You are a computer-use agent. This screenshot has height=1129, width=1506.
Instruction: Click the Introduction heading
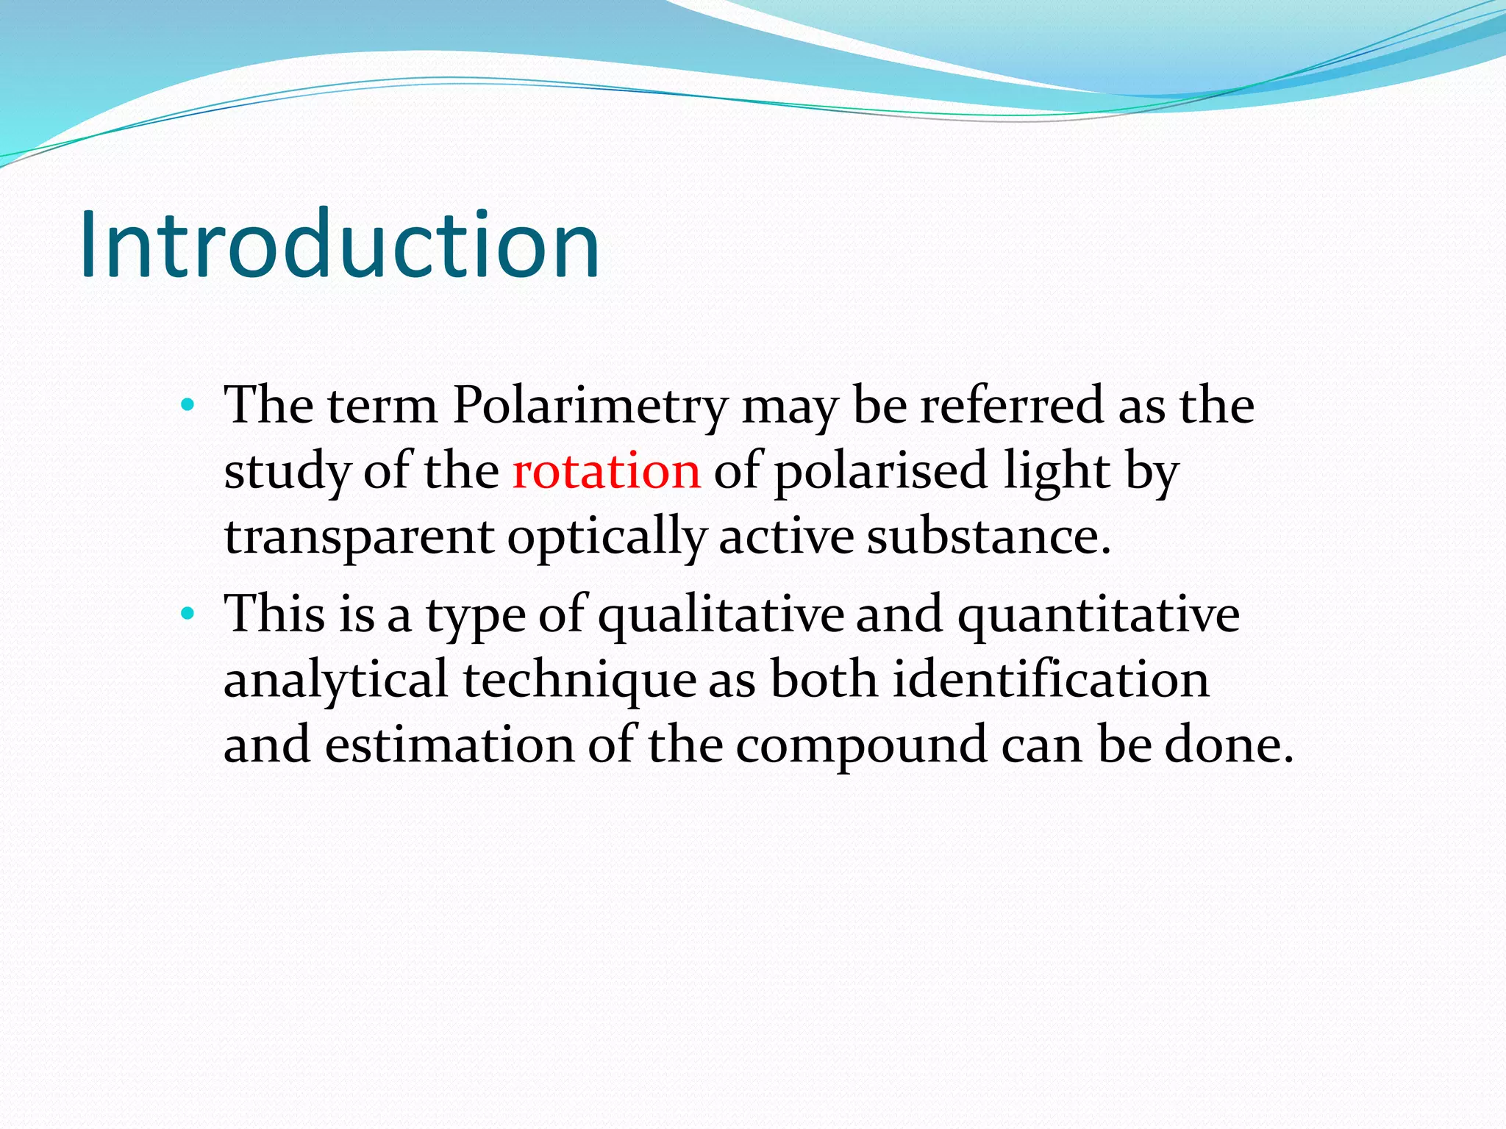tap(340, 244)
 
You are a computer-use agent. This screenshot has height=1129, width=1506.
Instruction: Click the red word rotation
tap(607, 471)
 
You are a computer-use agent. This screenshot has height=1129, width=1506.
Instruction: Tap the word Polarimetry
tap(590, 406)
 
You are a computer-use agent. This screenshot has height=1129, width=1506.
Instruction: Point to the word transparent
tap(359, 537)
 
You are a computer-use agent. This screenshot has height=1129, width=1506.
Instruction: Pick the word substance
tap(988, 537)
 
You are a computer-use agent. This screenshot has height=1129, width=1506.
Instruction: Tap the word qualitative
tap(721, 614)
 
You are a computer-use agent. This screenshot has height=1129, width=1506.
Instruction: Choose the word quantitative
tap(1099, 614)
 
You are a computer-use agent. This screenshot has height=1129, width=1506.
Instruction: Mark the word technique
tap(579, 680)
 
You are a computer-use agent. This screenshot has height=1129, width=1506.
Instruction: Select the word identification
tap(1052, 680)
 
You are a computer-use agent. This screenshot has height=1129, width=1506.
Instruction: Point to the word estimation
tap(449, 745)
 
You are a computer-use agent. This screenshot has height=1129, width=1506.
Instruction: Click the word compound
tap(861, 745)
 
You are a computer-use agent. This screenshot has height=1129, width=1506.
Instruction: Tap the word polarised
tap(880, 471)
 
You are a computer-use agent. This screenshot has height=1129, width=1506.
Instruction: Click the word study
tap(287, 471)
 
